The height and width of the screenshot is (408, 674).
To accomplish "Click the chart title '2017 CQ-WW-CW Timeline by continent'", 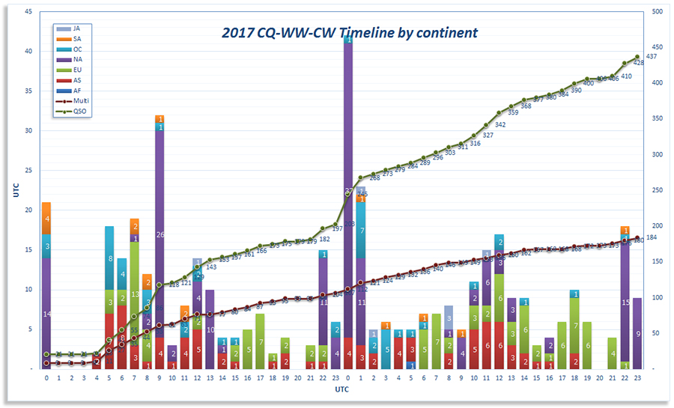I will point(349,33).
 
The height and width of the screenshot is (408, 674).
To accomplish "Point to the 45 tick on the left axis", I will point(28,12).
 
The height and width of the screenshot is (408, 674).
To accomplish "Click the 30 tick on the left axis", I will point(28,131).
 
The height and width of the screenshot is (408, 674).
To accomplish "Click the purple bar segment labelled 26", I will point(160,234).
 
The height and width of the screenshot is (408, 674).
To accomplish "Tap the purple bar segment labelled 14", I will point(46,314).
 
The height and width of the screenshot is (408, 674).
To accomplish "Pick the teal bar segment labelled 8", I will point(109,258).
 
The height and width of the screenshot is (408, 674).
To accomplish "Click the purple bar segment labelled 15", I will point(625,302).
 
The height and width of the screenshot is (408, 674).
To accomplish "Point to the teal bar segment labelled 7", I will point(361,231).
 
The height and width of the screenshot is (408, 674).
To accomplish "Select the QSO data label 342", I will point(500,125).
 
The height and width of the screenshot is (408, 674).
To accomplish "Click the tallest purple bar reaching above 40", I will point(348,187).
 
